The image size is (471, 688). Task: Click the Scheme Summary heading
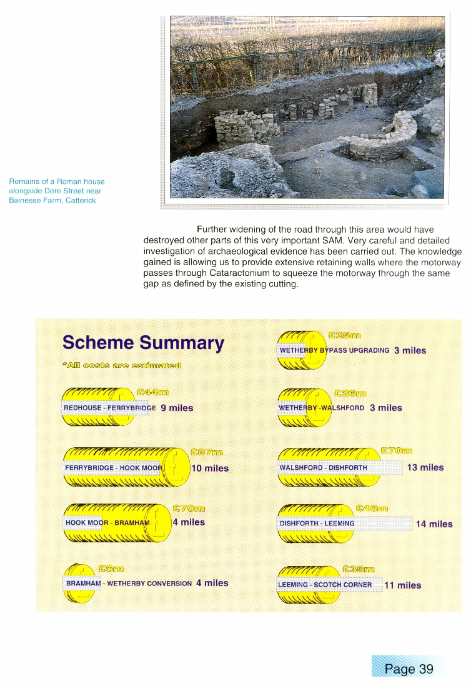[143, 343]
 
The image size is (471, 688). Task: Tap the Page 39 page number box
[409, 669]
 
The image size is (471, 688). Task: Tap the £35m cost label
[359, 569]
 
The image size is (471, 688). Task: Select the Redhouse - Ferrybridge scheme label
[110, 408]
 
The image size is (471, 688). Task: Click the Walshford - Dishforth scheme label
[323, 468]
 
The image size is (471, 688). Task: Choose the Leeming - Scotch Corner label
[325, 585]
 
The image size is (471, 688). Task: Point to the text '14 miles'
[434, 524]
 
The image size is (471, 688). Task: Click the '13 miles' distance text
[425, 467]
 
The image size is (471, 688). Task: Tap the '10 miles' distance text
[210, 468]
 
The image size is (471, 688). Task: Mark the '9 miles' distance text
[177, 408]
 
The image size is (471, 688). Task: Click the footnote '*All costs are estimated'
[121, 365]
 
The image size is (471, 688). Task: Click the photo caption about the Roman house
[56, 191]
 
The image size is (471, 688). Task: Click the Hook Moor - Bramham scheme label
[107, 523]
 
